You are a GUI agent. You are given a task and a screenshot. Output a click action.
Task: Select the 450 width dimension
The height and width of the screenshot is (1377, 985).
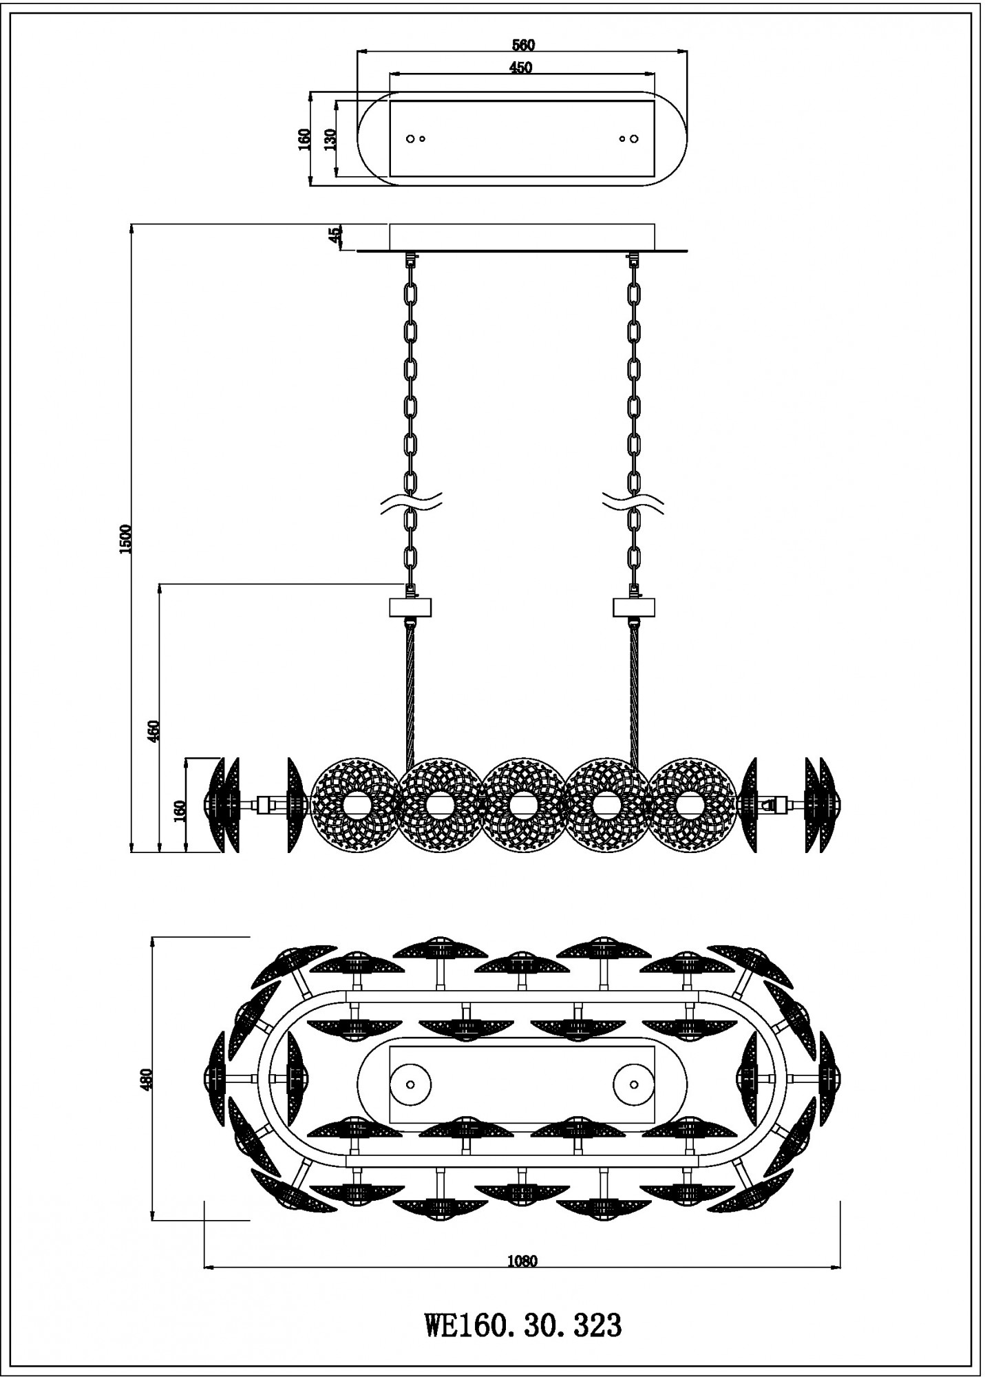[520, 67]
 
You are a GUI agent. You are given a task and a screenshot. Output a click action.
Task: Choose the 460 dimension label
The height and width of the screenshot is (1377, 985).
[153, 731]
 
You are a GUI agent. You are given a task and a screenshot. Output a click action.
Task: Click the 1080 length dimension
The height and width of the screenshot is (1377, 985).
[522, 1262]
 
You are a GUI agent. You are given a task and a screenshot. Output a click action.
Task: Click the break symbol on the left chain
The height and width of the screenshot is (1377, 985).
[412, 504]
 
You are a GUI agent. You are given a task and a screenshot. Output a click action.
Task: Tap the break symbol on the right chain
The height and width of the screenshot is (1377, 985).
[634, 504]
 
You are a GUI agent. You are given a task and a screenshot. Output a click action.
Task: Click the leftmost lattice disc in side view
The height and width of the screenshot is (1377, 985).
[354, 804]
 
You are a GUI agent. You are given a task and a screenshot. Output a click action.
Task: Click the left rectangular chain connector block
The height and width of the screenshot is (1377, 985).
[410, 607]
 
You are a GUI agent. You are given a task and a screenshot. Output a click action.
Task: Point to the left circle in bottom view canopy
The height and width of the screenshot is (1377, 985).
[410, 1084]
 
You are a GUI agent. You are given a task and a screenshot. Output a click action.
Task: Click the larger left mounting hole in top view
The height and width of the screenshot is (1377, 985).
[410, 139]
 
